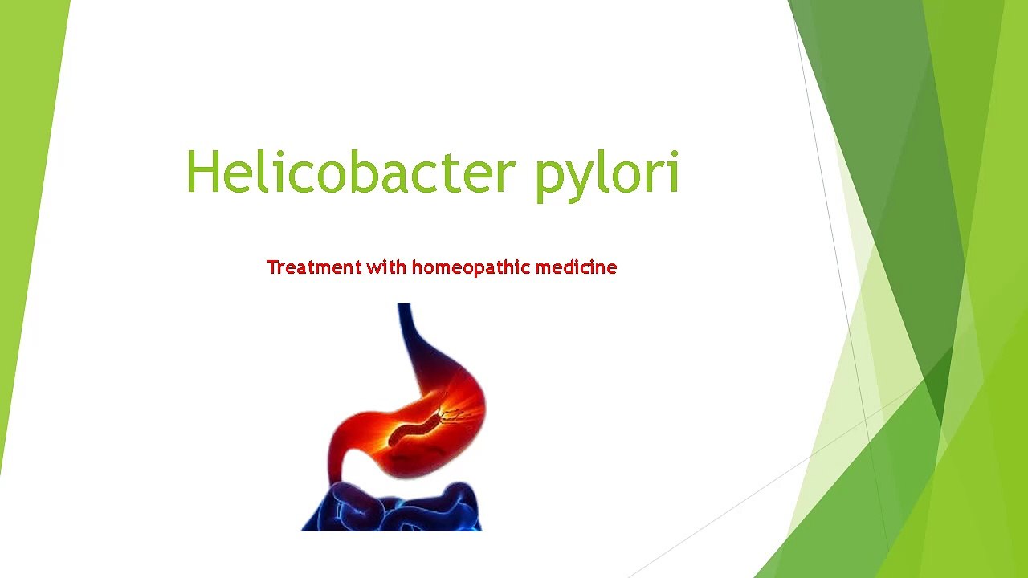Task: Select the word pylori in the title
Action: tap(607, 173)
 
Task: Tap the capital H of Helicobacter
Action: tap(203, 172)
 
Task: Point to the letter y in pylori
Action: tap(577, 178)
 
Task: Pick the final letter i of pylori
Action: tap(673, 172)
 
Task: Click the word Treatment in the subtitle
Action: tap(313, 267)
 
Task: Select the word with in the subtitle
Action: tap(387, 267)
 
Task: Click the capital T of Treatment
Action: tap(271, 267)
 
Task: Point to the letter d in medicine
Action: tap(566, 267)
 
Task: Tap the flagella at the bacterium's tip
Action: tap(454, 414)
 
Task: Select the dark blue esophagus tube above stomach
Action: tap(406, 329)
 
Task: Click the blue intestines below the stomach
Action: tap(394, 510)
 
